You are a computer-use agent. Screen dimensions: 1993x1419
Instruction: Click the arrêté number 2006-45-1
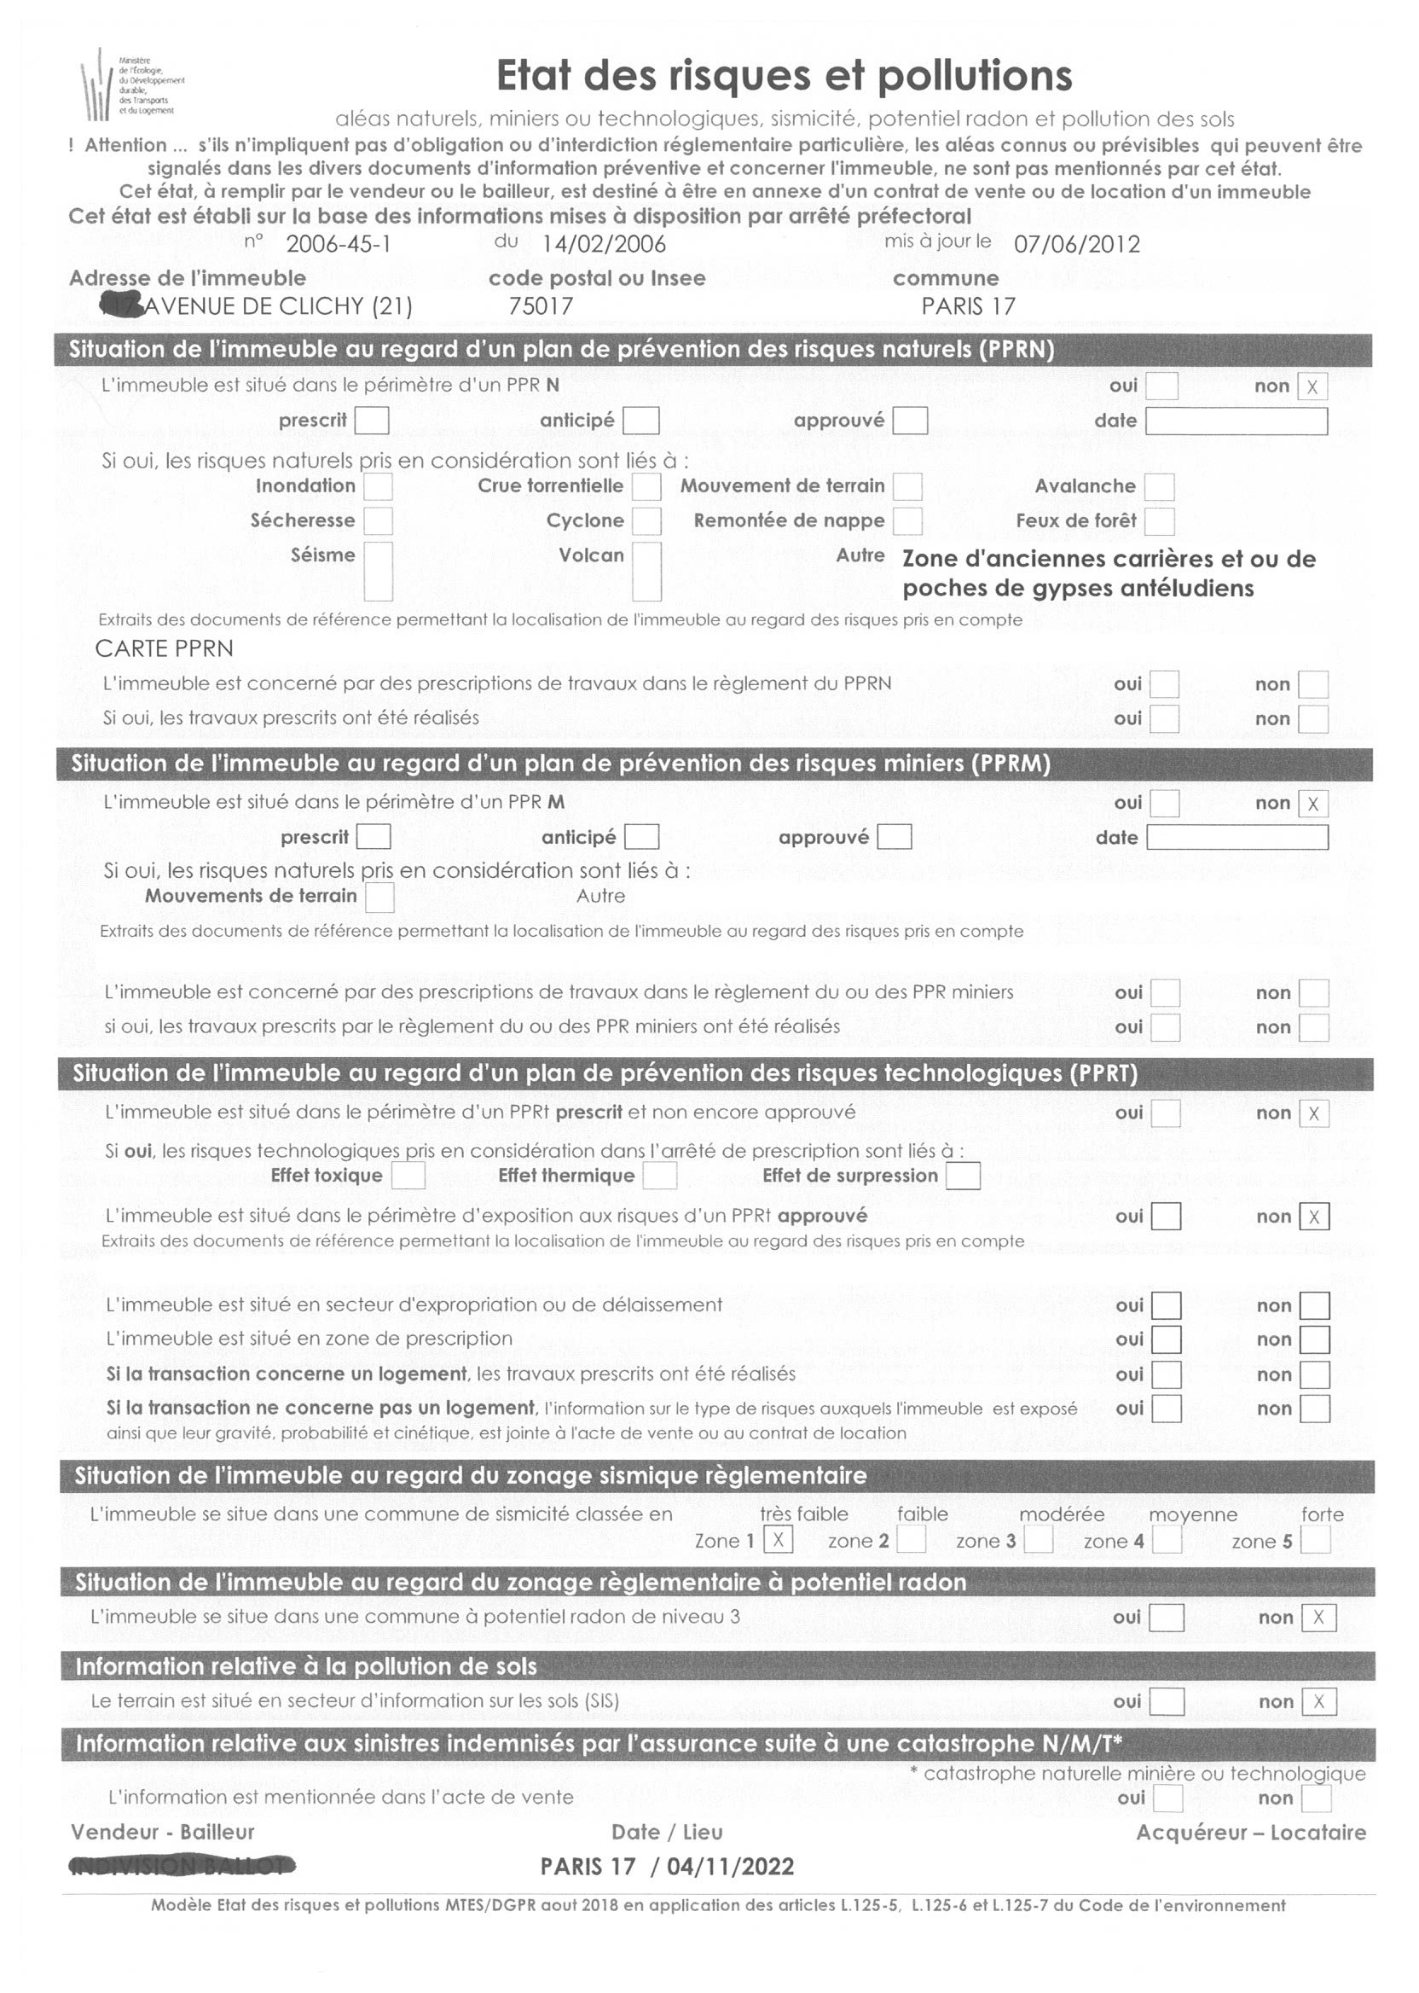click(339, 244)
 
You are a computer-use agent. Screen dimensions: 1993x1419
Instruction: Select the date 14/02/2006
click(604, 244)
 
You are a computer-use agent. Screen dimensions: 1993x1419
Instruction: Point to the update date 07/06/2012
click(1076, 244)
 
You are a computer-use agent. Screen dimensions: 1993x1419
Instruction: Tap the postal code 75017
click(541, 306)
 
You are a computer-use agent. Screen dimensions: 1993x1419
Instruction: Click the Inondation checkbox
click(378, 487)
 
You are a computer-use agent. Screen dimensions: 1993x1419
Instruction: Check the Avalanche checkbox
click(1159, 487)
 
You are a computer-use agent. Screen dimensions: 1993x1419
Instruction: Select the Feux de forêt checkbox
click(1159, 522)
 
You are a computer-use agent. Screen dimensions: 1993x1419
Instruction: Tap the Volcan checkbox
click(646, 571)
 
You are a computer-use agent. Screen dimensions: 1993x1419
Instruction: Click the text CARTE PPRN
click(165, 648)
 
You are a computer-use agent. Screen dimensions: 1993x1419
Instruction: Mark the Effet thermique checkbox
click(660, 1176)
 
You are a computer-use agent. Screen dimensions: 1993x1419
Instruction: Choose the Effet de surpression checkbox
click(963, 1176)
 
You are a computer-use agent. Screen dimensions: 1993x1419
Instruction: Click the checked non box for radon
click(1318, 1618)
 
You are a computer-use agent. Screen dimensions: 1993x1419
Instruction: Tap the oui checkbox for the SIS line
click(1167, 1702)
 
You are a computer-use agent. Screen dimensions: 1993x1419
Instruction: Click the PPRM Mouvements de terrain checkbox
click(379, 897)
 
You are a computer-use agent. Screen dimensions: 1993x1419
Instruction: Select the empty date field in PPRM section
click(1237, 838)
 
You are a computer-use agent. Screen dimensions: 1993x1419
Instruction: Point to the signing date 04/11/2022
click(731, 1867)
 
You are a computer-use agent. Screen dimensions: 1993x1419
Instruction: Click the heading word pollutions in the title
click(974, 76)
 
